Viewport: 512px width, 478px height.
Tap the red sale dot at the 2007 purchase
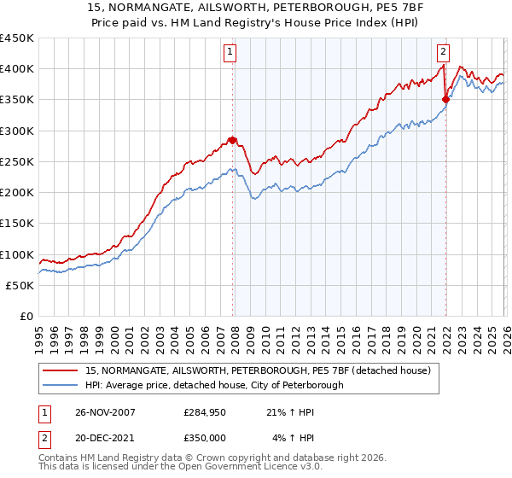[x=232, y=140]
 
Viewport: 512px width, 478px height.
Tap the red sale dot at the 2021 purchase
[x=445, y=100]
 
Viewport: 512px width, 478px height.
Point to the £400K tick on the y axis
[x=16, y=69]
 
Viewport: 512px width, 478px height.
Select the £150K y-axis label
[x=16, y=224]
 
